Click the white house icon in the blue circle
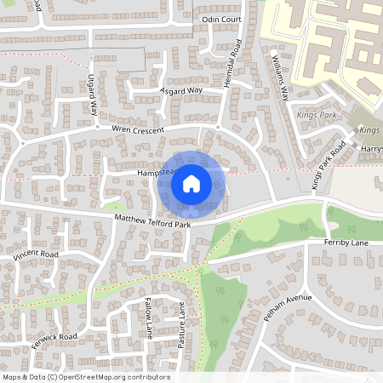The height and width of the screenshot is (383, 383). click(x=191, y=183)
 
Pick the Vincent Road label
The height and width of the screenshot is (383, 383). click(x=36, y=254)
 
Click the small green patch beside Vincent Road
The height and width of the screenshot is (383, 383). click(x=114, y=206)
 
